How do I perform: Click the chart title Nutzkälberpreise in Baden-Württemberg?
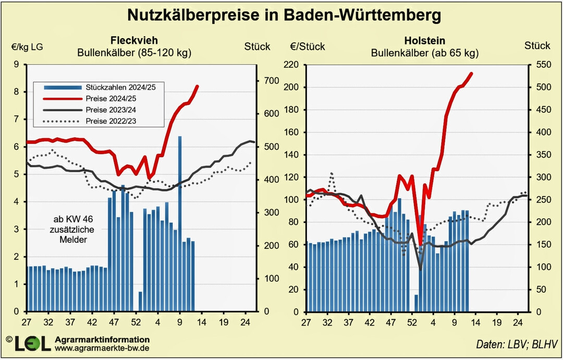(284, 15)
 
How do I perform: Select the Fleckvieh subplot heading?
(134, 40)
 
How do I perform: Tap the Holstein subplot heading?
(424, 40)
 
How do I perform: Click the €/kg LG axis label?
(27, 46)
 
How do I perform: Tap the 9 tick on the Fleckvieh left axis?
(16, 65)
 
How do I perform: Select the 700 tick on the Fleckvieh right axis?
(272, 81)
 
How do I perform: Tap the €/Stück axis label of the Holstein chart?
(308, 46)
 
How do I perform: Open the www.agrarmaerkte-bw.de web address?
(95, 347)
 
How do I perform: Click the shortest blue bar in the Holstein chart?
(417, 303)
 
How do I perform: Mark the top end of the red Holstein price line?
(471, 74)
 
